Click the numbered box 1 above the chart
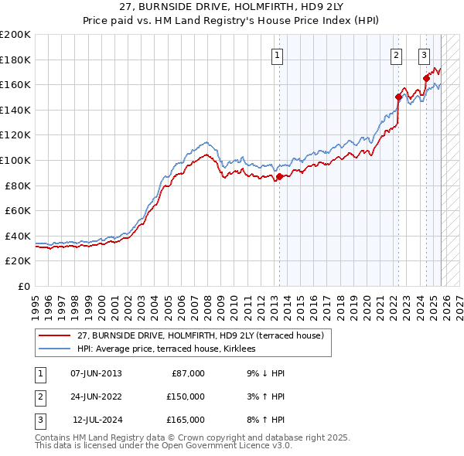[277, 55]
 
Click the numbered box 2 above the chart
[396, 55]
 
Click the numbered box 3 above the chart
[425, 55]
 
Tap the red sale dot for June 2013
[279, 176]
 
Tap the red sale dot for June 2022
[399, 97]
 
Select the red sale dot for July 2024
[426, 77]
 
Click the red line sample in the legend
[54, 335]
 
